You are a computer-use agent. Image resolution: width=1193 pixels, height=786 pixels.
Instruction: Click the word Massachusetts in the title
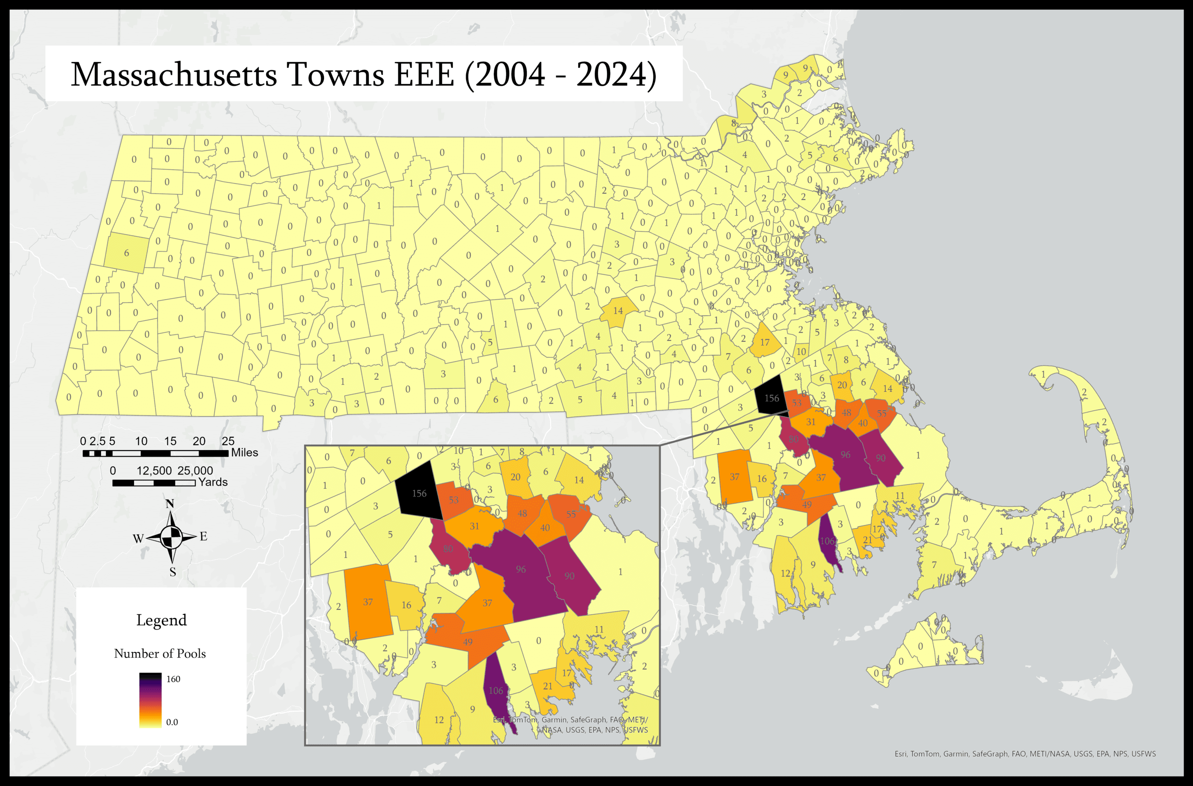point(173,75)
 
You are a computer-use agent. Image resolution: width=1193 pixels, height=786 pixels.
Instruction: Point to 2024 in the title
point(611,75)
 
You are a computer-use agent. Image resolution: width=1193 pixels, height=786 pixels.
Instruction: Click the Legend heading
point(162,620)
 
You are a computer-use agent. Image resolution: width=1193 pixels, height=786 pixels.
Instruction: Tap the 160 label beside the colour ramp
point(173,679)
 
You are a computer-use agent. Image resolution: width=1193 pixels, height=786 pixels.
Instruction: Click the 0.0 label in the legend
point(172,722)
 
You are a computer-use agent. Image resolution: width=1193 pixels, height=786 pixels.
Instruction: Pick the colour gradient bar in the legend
point(151,700)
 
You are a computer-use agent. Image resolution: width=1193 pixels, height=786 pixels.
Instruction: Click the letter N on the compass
point(170,504)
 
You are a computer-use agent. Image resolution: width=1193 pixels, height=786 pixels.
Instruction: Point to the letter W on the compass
point(138,539)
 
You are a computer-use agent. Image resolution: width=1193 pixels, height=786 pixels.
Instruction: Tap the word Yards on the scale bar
point(213,482)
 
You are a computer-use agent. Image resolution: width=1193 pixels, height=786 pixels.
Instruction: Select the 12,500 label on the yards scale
point(154,471)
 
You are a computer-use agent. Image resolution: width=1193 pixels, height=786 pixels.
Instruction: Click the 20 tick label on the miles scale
point(199,441)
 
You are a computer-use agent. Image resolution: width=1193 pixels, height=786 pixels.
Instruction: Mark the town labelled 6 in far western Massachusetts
point(126,253)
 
